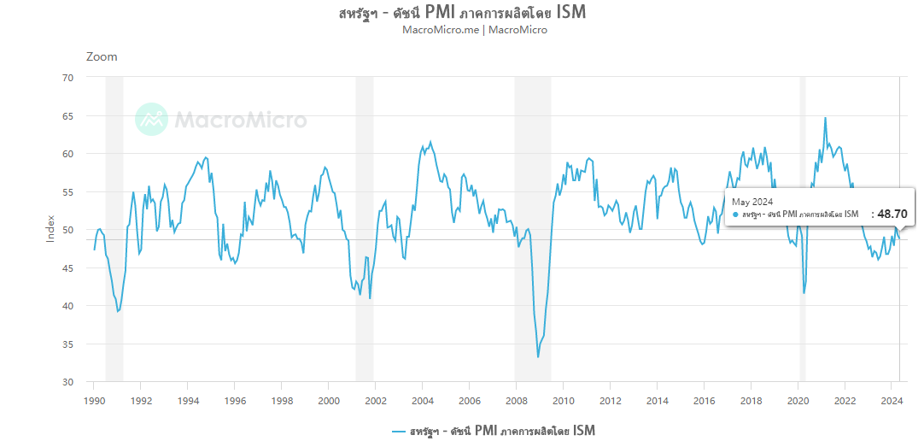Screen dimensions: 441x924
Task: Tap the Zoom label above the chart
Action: pos(102,56)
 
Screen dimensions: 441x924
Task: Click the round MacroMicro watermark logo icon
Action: pos(152,119)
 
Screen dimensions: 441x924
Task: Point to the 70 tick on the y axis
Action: pos(67,78)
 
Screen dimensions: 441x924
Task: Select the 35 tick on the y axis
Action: pos(67,344)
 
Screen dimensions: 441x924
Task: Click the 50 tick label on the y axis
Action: pos(67,230)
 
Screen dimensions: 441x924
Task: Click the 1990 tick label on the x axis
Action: pos(94,400)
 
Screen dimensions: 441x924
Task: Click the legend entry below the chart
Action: pos(493,430)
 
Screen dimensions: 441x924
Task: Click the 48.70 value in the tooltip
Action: pos(892,215)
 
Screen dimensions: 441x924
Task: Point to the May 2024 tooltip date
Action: pos(751,201)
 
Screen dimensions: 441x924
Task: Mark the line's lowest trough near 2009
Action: pos(538,356)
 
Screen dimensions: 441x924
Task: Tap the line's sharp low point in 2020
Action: pos(804,293)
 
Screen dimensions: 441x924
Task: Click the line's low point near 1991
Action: pos(118,311)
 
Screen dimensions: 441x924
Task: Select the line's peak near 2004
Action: pos(430,142)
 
